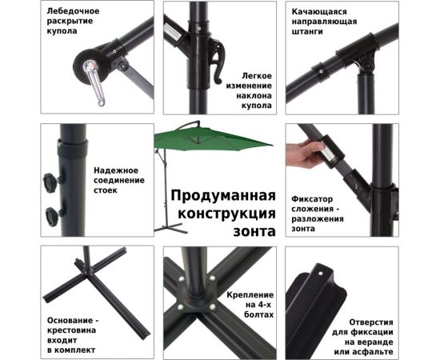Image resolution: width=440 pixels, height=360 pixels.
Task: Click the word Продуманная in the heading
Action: pos(222,197)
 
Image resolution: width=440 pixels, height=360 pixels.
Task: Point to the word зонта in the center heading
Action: pos(255,231)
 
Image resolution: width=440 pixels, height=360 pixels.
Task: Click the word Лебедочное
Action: pos(72,11)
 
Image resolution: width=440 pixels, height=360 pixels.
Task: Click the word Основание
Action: pos(72,318)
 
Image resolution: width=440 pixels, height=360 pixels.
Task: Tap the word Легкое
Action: pos(254,74)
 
